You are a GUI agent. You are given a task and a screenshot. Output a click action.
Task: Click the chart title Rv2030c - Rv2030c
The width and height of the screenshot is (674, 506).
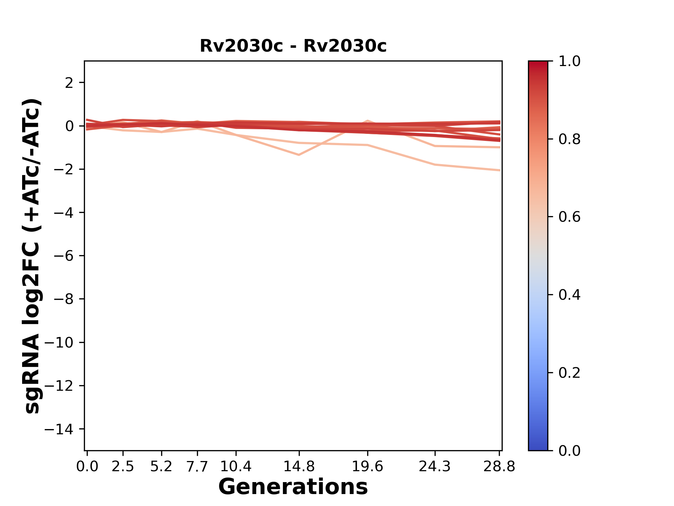[293, 46]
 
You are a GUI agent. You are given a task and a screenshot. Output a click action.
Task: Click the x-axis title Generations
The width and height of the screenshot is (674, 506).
[293, 487]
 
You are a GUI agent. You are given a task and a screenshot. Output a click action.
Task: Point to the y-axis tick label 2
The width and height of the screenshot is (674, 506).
[70, 83]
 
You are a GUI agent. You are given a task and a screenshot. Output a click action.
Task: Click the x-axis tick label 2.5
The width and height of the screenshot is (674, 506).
[123, 467]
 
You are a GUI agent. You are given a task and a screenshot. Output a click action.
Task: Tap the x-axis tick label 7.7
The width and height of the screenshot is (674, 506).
[198, 467]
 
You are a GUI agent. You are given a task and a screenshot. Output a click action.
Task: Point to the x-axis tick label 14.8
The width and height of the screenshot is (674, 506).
[299, 467]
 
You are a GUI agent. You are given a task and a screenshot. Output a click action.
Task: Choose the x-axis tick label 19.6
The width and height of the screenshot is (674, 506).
[368, 467]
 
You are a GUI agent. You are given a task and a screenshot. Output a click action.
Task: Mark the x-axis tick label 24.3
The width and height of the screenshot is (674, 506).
[435, 467]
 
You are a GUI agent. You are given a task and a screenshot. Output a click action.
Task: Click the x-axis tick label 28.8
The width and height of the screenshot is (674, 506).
[499, 467]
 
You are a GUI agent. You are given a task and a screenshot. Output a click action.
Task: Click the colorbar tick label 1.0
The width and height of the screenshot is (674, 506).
[569, 61]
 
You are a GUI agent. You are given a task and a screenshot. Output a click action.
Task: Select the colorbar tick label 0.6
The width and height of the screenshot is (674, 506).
[569, 217]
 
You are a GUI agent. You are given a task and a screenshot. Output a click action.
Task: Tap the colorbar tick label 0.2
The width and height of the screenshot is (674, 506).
[569, 373]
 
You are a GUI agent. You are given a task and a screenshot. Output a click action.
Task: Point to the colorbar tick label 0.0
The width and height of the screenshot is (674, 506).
[569, 450]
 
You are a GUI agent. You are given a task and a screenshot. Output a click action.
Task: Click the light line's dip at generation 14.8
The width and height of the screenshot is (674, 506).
[299, 155]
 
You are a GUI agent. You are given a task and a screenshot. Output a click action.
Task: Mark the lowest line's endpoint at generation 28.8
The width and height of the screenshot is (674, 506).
[500, 170]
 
